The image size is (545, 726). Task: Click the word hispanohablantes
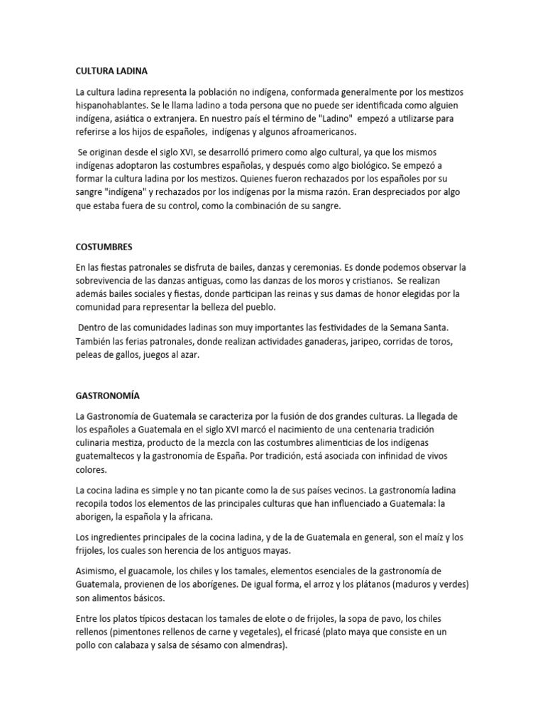pyautogui.click(x=112, y=106)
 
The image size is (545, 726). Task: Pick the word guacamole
pyautogui.click(x=153, y=571)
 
